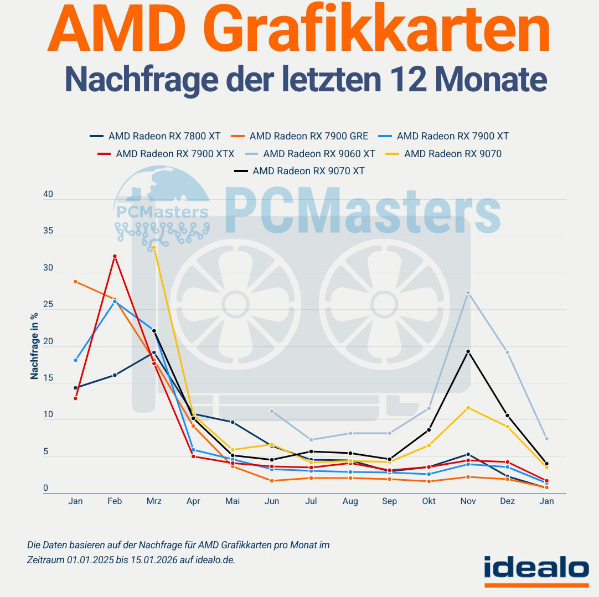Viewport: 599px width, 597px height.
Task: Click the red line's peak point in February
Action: click(x=115, y=256)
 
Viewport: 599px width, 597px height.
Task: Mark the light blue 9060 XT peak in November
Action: click(x=468, y=293)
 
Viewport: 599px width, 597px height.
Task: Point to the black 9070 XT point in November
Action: click(x=468, y=351)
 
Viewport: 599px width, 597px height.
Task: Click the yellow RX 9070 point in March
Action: click(x=154, y=248)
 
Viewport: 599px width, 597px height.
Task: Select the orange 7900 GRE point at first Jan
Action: click(x=75, y=282)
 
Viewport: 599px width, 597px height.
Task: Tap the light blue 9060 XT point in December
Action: click(x=507, y=352)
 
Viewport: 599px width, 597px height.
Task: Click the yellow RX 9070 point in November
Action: click(x=468, y=408)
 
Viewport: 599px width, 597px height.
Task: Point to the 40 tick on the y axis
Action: click(x=48, y=195)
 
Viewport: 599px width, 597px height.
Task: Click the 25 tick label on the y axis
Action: click(x=48, y=305)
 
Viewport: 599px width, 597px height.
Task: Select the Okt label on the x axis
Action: click(x=428, y=501)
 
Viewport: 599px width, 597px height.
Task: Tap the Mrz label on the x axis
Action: click(x=154, y=501)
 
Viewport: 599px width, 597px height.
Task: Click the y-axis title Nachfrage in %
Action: click(x=34, y=346)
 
